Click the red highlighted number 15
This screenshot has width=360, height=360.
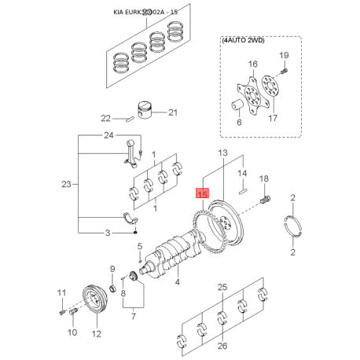coord(202,193)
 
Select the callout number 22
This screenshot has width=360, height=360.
coord(106,119)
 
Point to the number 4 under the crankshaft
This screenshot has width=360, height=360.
coord(178,281)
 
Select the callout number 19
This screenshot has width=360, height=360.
coord(285,55)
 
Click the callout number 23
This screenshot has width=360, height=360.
coord(67,185)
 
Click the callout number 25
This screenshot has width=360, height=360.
coord(222,286)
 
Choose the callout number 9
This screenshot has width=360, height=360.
coord(112,269)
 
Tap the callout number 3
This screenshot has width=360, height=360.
coord(108,233)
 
